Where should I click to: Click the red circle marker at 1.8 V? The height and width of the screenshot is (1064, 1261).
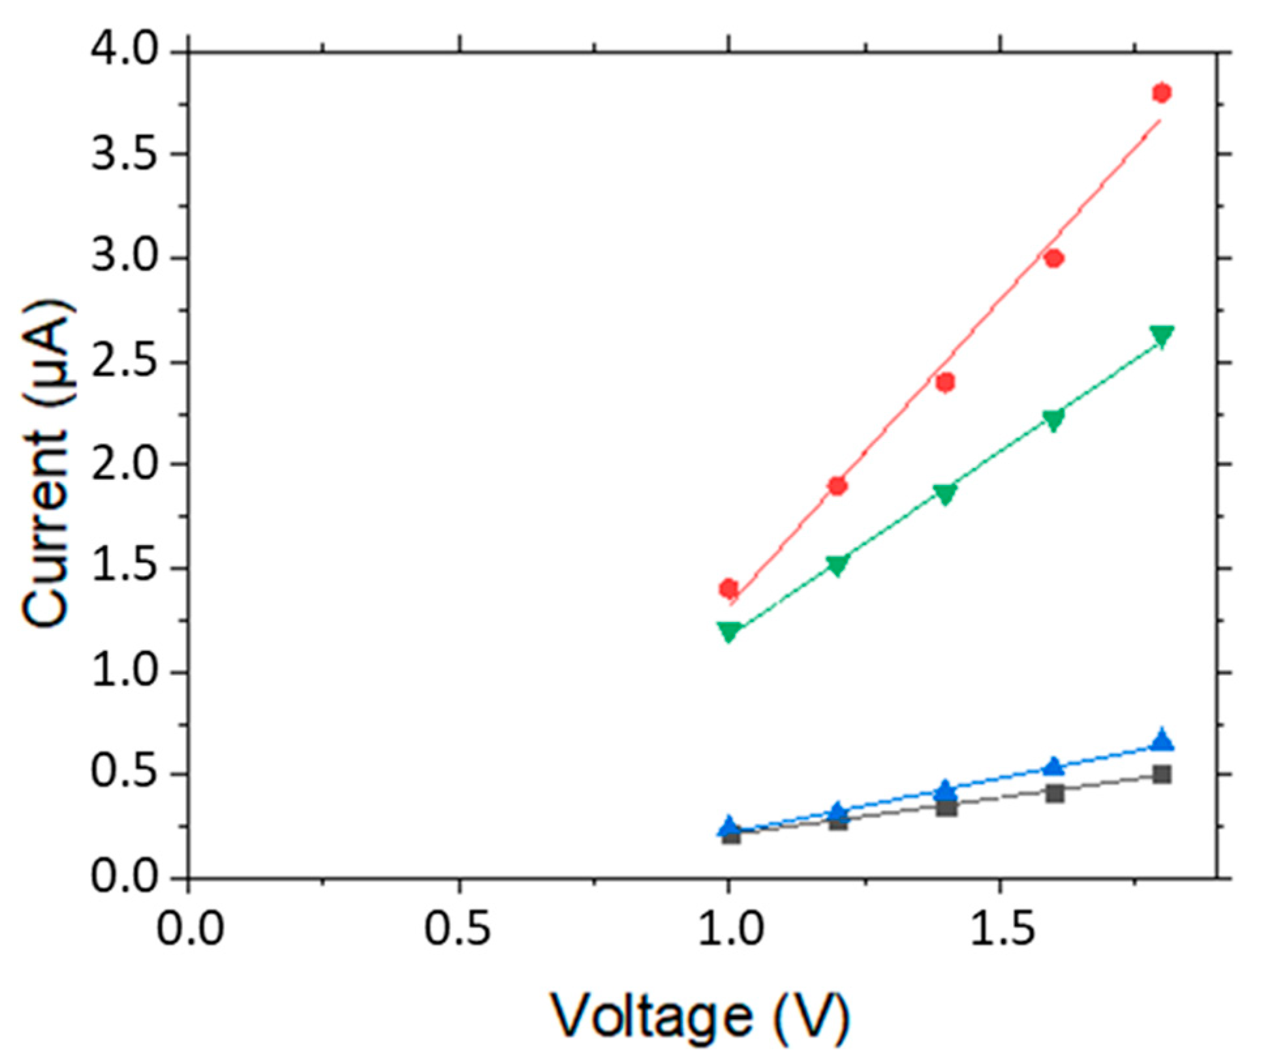[x=1162, y=93]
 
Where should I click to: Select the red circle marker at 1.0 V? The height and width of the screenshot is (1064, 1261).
[x=728, y=589]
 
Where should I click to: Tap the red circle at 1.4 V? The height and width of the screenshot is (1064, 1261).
[x=945, y=382]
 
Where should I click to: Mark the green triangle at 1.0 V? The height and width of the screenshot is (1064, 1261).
[x=729, y=631]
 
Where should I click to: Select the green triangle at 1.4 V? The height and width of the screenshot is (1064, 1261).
[x=945, y=493]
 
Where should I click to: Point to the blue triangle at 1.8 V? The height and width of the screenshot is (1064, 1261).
[x=1162, y=741]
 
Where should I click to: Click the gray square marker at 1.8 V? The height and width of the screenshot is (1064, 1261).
[x=1162, y=775]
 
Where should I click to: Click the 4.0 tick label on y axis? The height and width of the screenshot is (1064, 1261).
[x=124, y=50]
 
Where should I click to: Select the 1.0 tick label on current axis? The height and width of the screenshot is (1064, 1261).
[x=124, y=672]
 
